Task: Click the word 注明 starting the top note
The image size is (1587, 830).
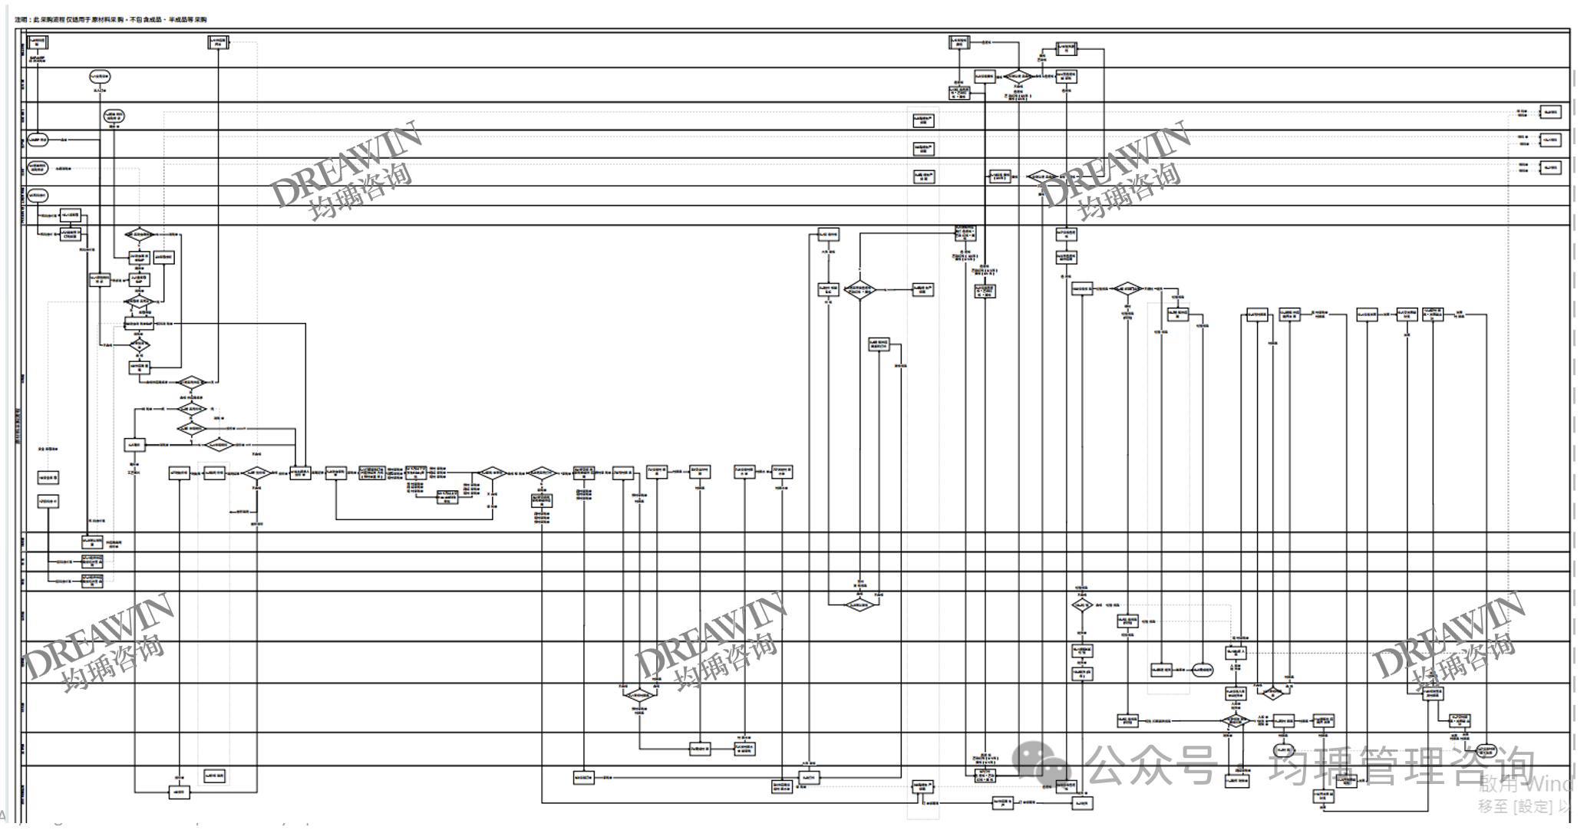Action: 21,19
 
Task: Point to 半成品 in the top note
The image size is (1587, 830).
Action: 180,19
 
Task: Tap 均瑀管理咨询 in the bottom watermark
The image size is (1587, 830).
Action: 1401,766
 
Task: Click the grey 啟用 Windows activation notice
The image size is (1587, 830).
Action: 1527,784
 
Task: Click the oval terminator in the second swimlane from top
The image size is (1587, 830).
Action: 100,77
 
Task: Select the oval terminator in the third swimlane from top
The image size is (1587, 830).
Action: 114,116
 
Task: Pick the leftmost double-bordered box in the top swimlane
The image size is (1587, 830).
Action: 38,42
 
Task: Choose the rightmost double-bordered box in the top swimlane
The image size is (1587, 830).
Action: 1067,49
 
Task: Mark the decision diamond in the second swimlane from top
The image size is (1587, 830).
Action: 1018,77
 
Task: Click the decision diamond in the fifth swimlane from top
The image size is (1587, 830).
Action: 1041,176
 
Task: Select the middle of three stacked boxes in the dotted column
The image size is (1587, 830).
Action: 923,149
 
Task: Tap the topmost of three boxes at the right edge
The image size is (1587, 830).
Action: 1550,112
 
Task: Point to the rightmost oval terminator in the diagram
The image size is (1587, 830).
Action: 1486,749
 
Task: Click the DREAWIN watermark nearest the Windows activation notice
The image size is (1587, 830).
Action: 1447,641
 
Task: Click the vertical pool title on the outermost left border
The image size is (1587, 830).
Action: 18,430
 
